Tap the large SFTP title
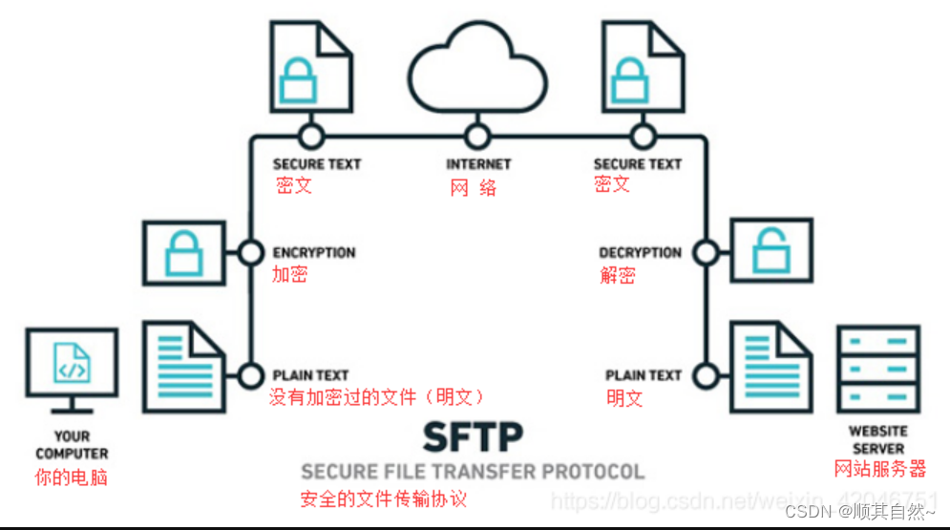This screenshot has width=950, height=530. pyautogui.click(x=474, y=438)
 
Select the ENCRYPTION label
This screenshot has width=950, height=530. pyautogui.click(x=313, y=253)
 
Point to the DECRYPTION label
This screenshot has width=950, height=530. pyautogui.click(x=640, y=253)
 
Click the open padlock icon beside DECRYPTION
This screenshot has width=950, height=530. pyautogui.click(x=771, y=249)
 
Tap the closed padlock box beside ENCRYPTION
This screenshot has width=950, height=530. pyautogui.click(x=183, y=253)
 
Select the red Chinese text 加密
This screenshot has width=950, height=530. pyautogui.click(x=289, y=276)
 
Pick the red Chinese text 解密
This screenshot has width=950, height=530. pyautogui.click(x=618, y=276)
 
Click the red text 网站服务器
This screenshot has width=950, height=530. pyautogui.click(x=879, y=469)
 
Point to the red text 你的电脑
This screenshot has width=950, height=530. pyautogui.click(x=71, y=477)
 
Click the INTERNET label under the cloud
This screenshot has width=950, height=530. pyautogui.click(x=478, y=164)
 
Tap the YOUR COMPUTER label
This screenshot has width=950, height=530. pyautogui.click(x=72, y=445)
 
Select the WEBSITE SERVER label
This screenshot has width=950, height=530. pyautogui.click(x=878, y=440)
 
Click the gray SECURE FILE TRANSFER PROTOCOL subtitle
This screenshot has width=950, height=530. pyautogui.click(x=473, y=472)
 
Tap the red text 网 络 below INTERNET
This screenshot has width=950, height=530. pyautogui.click(x=474, y=188)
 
